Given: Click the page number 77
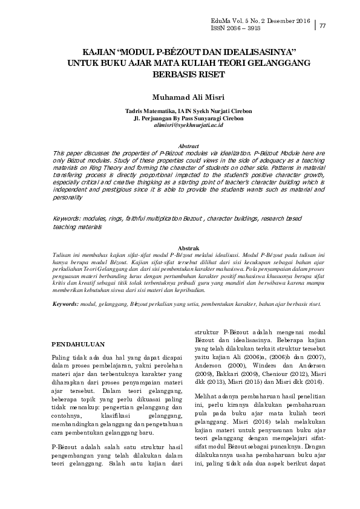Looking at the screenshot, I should click(322, 25).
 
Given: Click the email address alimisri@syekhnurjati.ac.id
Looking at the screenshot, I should click(180, 125).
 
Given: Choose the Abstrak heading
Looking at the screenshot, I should click(180, 248).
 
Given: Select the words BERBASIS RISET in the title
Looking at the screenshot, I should click(180, 74).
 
